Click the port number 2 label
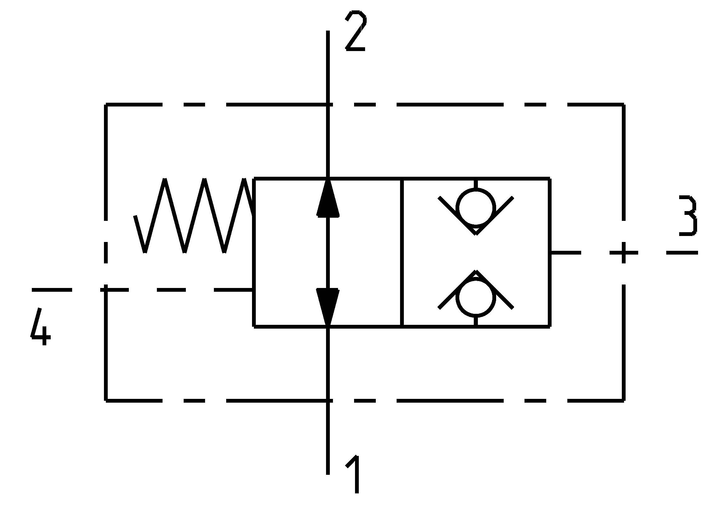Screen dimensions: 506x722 click(356, 31)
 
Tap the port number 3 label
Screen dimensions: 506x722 click(687, 216)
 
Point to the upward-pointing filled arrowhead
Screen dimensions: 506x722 click(328, 198)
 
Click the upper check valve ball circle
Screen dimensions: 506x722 click(476, 208)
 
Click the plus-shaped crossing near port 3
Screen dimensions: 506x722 click(624, 253)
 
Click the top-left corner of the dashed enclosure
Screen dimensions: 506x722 click(106, 105)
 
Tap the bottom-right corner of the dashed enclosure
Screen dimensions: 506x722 click(624, 400)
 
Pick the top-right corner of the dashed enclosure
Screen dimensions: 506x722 click(624, 105)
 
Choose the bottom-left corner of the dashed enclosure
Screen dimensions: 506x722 click(106, 400)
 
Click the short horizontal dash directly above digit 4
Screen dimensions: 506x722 click(52, 290)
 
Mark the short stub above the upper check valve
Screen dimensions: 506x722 click(476, 184)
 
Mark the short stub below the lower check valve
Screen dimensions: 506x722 click(476, 321)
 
